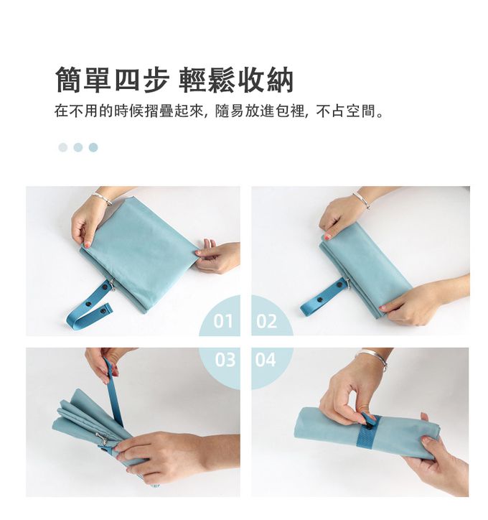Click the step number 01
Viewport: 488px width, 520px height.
(x=223, y=320)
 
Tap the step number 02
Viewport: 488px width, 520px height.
(x=266, y=320)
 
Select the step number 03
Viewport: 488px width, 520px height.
(x=225, y=360)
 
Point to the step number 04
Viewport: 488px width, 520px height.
(x=266, y=360)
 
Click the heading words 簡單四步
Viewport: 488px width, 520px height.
(x=112, y=80)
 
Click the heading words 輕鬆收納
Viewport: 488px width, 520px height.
(x=236, y=80)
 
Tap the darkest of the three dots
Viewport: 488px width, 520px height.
(x=93, y=147)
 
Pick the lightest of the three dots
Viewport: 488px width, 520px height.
(x=63, y=147)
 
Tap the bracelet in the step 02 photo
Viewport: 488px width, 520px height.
(x=362, y=200)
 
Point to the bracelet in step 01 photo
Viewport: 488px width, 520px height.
(x=103, y=198)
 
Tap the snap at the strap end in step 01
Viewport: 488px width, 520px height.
(x=103, y=311)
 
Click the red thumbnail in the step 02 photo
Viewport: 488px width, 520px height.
(x=327, y=236)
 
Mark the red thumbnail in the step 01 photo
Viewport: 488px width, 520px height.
(x=87, y=245)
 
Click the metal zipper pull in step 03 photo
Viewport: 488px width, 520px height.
(x=102, y=437)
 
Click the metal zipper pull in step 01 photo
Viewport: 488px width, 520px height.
(x=113, y=284)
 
